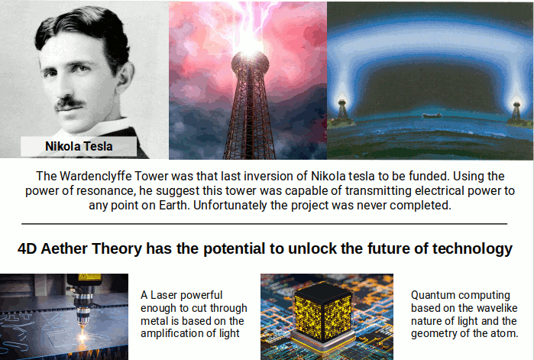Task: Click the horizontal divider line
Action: pos(267,224)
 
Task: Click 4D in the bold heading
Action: pos(26,249)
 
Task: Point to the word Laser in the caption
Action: pos(167,294)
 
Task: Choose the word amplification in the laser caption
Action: pos(174,333)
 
